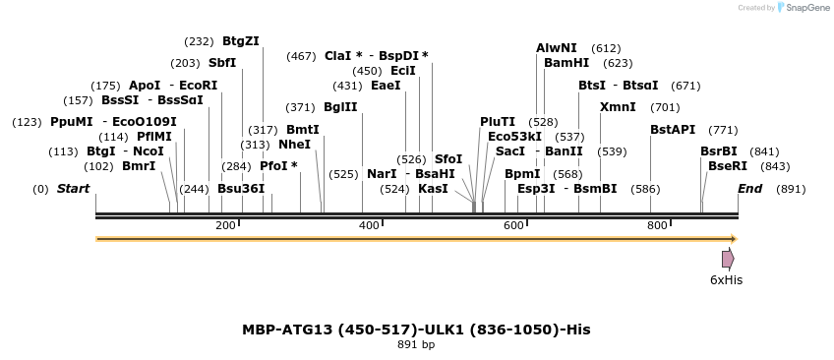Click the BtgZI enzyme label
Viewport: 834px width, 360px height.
coord(241,40)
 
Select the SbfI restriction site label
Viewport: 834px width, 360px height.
coord(222,62)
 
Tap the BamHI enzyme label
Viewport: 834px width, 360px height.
coord(566,62)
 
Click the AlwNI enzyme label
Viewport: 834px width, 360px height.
coord(557,47)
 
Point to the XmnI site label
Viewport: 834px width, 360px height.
coord(618,106)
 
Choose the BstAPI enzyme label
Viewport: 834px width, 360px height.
coord(673,129)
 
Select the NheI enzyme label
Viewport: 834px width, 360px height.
coord(294,144)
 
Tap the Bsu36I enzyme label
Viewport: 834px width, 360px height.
coord(241,188)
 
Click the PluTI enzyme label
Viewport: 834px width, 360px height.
coord(498,121)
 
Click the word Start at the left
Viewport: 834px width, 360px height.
coord(73,188)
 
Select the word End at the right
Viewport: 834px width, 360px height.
coord(750,188)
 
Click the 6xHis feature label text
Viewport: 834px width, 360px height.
coord(726,280)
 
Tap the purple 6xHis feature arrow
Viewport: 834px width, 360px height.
coord(728,259)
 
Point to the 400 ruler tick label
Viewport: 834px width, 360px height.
coord(369,225)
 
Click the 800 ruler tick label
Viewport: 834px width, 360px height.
coord(657,225)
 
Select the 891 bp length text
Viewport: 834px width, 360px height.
coord(416,344)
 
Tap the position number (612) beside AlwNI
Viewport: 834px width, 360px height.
coord(606,47)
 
